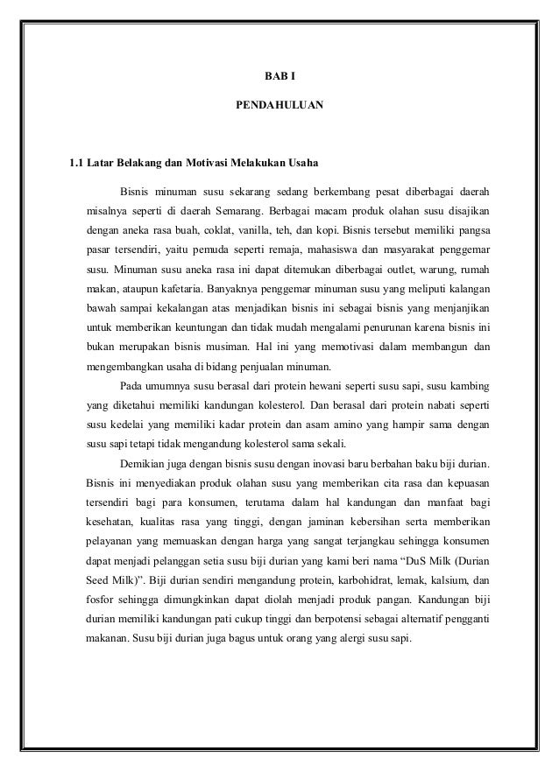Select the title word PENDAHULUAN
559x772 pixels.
(279, 106)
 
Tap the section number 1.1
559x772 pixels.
(77, 163)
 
